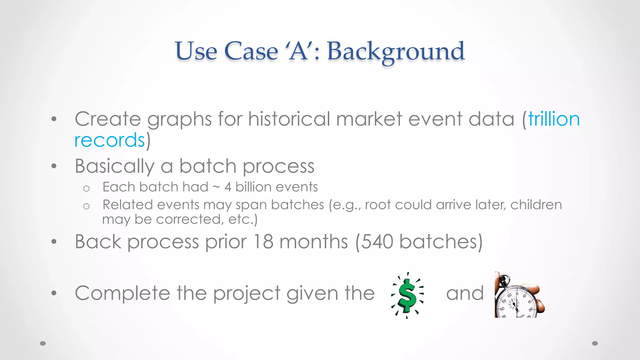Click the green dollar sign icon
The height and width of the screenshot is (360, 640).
(407, 295)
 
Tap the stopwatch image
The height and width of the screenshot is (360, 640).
(519, 295)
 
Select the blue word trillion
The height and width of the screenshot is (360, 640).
(554, 119)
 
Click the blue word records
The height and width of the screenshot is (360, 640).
(109, 140)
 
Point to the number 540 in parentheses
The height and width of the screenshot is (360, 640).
(377, 242)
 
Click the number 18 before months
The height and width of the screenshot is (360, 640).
(263, 242)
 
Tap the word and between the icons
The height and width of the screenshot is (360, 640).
(465, 293)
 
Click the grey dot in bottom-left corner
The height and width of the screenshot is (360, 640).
(43, 343)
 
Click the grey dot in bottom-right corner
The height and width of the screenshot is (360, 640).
(595, 343)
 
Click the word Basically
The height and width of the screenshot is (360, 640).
(114, 166)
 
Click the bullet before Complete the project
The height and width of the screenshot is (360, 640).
(54, 293)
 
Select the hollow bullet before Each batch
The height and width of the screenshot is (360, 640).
(86, 188)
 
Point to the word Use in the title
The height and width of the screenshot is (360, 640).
(196, 51)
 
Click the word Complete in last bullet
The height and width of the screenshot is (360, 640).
(122, 293)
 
